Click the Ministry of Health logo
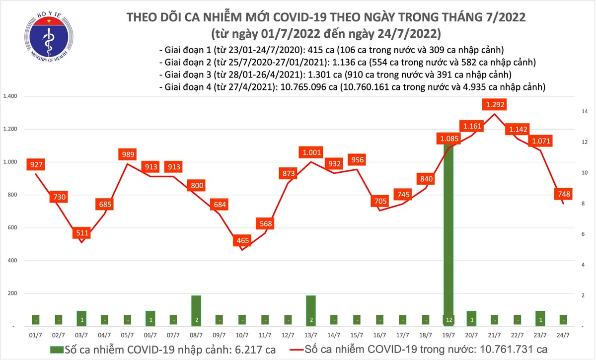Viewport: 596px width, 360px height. tap(48, 37)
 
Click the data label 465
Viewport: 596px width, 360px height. tap(243, 241)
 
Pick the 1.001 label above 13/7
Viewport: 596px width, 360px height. tap(311, 152)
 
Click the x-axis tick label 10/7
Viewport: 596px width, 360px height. tap(243, 335)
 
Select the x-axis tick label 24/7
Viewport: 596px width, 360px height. tap(563, 335)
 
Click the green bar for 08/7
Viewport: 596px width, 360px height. tap(197, 310)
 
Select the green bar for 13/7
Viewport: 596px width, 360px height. tap(311, 310)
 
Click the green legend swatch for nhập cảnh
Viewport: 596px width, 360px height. tap(57, 349)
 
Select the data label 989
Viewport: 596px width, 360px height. tap(128, 154)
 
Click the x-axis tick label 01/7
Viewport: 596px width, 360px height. tap(35, 335)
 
